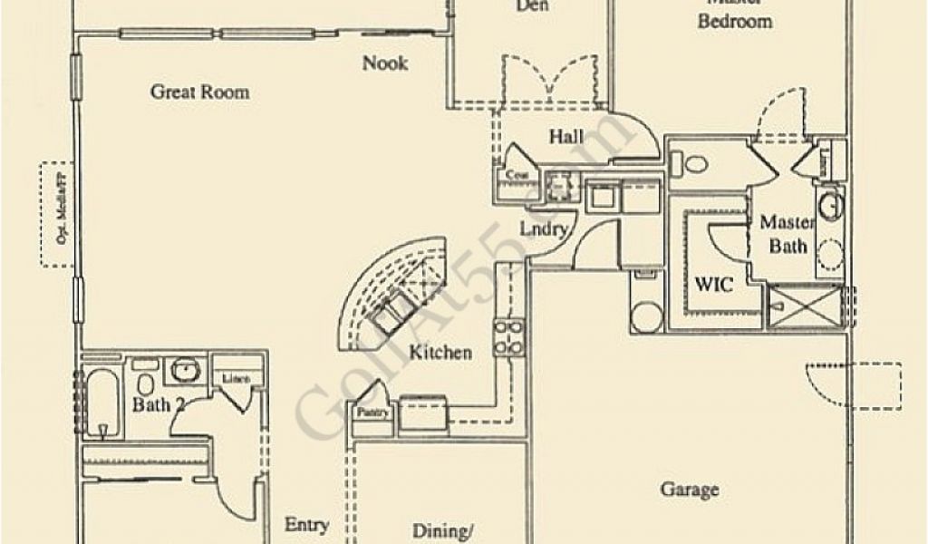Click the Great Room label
click(x=199, y=92)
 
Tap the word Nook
click(x=385, y=63)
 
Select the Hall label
click(x=566, y=137)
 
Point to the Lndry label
click(x=543, y=228)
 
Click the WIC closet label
click(x=713, y=283)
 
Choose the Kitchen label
click(x=440, y=352)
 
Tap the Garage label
click(x=690, y=490)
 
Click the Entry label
click(x=306, y=525)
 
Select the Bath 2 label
click(x=158, y=404)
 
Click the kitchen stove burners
click(x=507, y=336)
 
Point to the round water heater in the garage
click(x=647, y=316)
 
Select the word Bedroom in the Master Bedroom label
click(x=735, y=21)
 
